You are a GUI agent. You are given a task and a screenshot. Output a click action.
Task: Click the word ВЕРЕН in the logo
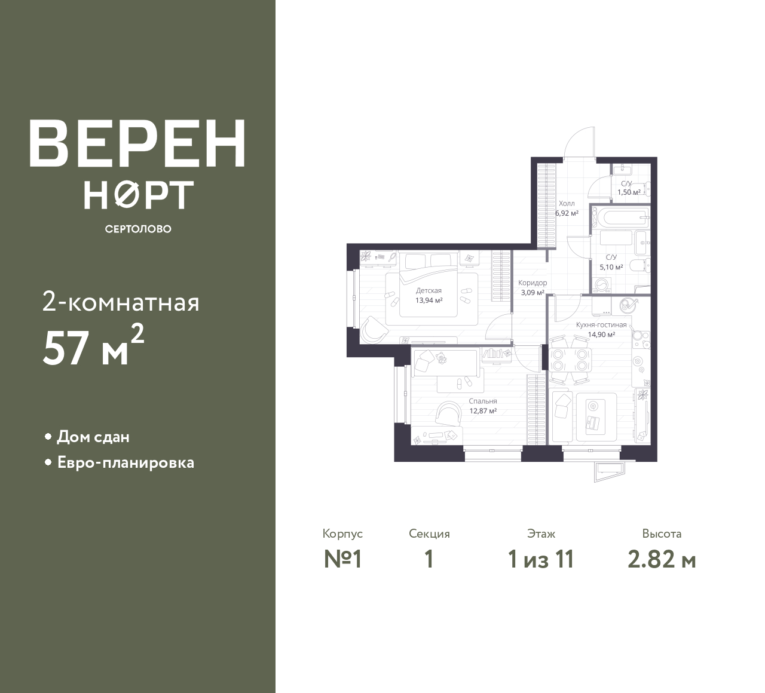coord(137,143)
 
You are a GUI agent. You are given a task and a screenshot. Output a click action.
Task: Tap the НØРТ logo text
coord(139,195)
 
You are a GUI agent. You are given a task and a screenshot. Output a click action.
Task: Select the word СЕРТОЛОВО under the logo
coord(138,229)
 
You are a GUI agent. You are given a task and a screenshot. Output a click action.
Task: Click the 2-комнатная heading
coord(121,303)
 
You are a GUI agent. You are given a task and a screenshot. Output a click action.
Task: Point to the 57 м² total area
coord(93,346)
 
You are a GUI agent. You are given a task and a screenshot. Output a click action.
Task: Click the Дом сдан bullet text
coord(93,437)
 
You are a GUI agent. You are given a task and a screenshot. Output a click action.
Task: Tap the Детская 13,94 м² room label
coord(429,295)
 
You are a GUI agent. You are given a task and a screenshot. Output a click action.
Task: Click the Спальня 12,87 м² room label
coord(483,406)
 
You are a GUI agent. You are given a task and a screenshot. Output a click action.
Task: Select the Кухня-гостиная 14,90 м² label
coord(601,330)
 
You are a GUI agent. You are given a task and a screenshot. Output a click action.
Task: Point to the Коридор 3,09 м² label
coord(533,288)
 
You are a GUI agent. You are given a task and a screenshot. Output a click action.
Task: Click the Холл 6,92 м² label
coord(567,208)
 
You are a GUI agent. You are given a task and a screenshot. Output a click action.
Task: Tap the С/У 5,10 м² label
coord(611,262)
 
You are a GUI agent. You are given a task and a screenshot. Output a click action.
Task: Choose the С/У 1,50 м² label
coord(629,188)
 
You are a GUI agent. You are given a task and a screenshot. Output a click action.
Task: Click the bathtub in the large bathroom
coord(620,217)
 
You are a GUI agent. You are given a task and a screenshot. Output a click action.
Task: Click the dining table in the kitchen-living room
coord(570,360)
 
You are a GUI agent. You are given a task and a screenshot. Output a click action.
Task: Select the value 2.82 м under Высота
coord(662,560)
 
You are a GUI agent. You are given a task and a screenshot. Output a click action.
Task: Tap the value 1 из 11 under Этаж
coord(541,560)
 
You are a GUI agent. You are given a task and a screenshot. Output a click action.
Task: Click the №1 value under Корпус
coord(342,560)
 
